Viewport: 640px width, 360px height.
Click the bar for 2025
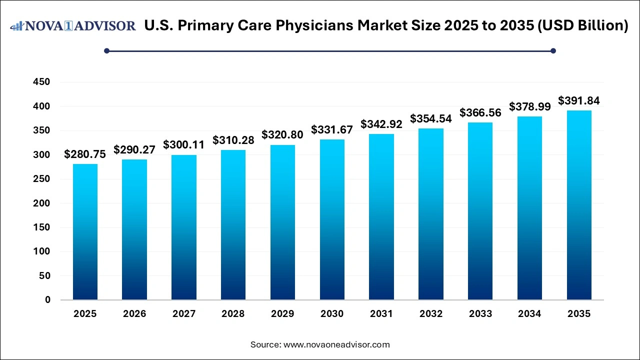point(85,232)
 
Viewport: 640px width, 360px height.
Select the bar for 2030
point(332,219)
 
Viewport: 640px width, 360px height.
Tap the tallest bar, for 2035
point(579,205)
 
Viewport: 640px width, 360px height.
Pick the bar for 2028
point(233,225)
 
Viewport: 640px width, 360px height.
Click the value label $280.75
point(85,154)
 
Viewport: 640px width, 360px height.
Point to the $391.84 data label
point(579,101)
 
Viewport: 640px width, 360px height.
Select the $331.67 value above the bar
point(332,130)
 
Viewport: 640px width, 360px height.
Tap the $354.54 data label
point(431,119)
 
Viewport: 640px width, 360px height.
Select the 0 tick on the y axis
point(47,300)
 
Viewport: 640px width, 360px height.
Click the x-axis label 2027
point(183,314)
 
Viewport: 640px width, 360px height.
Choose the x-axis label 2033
point(480,314)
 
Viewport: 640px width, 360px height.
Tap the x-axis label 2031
point(381,314)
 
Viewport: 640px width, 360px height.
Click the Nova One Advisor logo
point(73,25)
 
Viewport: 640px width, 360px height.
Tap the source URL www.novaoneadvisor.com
point(336,344)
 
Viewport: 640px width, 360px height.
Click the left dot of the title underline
point(106,50)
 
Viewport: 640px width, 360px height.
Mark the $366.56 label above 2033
point(480,113)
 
